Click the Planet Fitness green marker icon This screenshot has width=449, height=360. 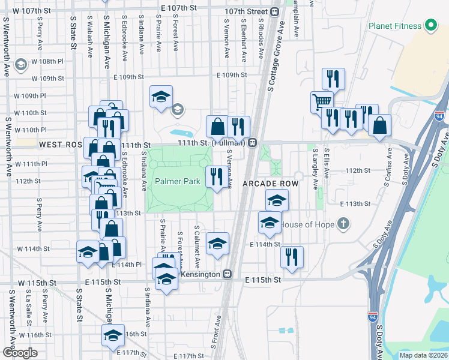coord(430,26)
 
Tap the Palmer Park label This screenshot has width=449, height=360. coord(177,181)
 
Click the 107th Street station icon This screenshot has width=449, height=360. coord(274,11)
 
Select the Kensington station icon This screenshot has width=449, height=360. coord(228,274)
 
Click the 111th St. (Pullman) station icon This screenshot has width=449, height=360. coord(253,143)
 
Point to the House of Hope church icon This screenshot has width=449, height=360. coord(343,224)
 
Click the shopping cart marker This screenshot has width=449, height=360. coord(322,101)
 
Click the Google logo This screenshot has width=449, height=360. coord(20,352)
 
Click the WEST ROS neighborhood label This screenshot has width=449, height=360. coord(60,145)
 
